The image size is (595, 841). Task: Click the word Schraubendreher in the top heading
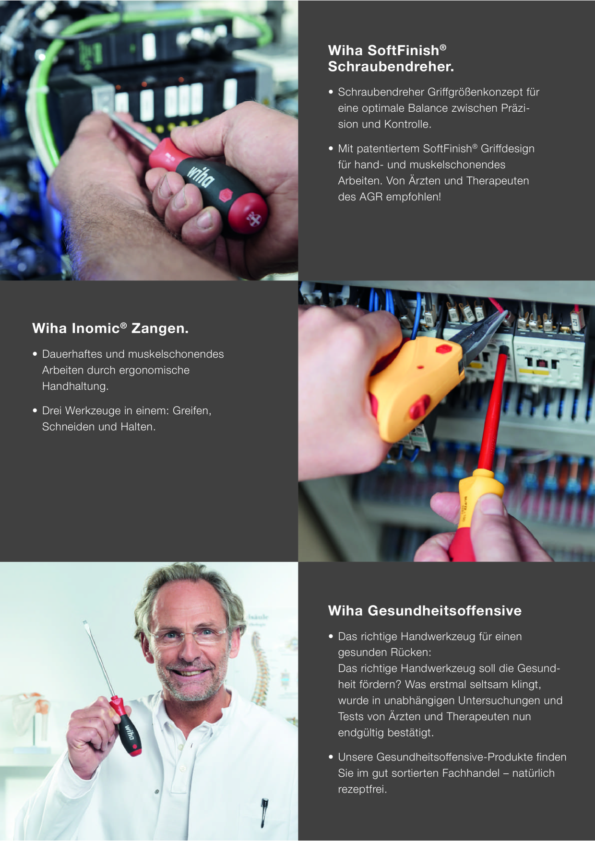click(x=390, y=67)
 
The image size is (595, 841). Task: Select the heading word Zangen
click(x=160, y=328)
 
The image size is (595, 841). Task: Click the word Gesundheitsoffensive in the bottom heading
click(x=444, y=611)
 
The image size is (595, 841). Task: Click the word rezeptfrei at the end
click(x=362, y=789)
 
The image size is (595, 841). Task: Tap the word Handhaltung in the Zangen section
click(x=75, y=386)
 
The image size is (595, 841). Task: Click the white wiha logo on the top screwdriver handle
click(x=201, y=175)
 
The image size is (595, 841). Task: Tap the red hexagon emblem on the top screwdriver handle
click(x=226, y=195)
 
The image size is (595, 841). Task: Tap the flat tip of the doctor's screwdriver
click(x=85, y=623)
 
